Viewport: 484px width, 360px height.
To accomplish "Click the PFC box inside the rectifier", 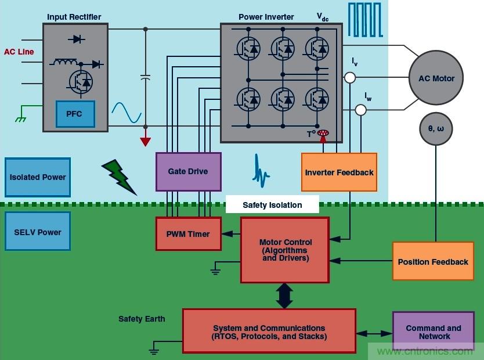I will click(75, 114).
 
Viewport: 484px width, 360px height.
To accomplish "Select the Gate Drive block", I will click(188, 172).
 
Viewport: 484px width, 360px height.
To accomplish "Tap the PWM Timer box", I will click(188, 234).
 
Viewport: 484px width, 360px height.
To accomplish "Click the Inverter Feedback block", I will click(339, 172).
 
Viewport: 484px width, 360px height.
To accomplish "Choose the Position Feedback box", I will click(433, 262).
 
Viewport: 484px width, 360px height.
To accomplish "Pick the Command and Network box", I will click(434, 332).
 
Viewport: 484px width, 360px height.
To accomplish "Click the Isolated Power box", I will click(38, 177).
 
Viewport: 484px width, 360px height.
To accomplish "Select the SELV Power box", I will click(38, 232).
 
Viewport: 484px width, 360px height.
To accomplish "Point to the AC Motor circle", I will click(436, 78).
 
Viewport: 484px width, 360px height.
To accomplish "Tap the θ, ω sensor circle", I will click(436, 128).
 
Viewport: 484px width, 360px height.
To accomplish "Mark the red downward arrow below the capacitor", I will click(145, 141).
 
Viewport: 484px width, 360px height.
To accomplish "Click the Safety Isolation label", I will click(272, 204).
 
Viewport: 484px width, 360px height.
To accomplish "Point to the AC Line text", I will click(19, 52).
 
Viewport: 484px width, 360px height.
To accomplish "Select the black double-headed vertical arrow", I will click(284, 296).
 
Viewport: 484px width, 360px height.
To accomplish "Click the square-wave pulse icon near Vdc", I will click(364, 20).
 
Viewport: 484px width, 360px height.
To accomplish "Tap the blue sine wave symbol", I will click(127, 113).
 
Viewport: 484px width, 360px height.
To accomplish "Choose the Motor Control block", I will click(285, 250).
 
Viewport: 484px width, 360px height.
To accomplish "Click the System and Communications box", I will click(269, 331).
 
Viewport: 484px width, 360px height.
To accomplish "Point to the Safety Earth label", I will click(142, 319).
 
